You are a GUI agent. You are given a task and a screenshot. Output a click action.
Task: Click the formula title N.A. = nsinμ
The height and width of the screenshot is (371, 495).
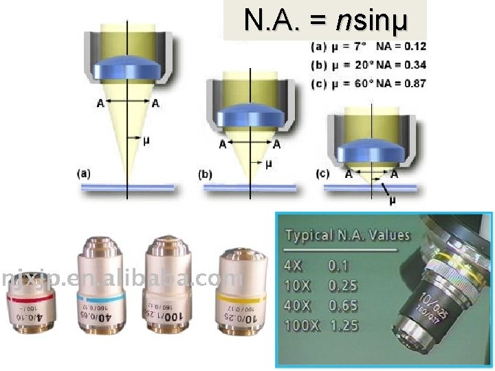326,21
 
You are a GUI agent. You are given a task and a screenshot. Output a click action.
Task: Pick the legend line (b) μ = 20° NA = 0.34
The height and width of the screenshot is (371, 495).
368,66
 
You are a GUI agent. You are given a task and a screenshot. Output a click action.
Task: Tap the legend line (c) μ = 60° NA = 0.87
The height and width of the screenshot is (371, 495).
368,83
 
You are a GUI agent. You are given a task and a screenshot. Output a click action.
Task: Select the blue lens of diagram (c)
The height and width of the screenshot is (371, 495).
371,150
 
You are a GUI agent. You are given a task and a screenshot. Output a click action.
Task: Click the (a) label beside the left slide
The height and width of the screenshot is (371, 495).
83,174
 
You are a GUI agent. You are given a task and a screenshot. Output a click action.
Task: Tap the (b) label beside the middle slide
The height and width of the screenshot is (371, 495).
206,175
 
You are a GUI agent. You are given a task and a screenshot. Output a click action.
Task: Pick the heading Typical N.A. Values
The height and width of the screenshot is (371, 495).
347,236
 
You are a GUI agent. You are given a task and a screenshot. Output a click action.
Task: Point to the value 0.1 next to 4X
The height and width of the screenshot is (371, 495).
339,265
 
